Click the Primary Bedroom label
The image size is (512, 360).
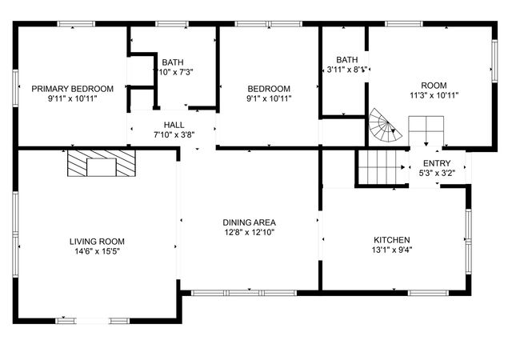[x=72, y=88]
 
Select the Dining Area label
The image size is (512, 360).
[x=250, y=222]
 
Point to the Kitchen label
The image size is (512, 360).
[x=392, y=240]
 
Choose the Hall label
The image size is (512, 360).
[x=174, y=125]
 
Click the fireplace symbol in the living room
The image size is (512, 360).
[x=101, y=164]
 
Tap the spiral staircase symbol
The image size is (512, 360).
[x=384, y=126]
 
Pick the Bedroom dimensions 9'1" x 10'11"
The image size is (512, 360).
[x=269, y=99]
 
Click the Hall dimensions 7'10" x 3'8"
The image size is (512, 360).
[x=174, y=134]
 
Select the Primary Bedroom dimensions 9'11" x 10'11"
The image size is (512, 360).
[x=72, y=98]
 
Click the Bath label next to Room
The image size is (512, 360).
[x=347, y=59]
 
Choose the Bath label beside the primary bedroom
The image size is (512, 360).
[x=173, y=62]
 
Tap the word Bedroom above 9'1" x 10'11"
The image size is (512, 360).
[x=269, y=89]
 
